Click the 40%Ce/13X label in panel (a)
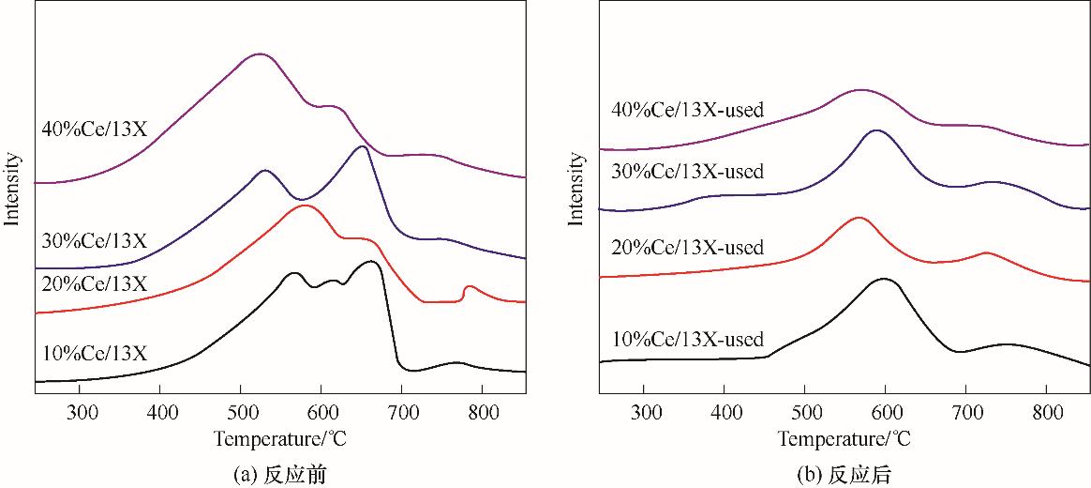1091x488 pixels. (x=94, y=129)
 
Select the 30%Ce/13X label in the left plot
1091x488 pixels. (x=94, y=240)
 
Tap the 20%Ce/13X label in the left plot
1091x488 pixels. (x=94, y=282)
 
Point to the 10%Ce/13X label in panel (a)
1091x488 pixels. (x=94, y=354)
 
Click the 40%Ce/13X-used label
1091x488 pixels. (x=687, y=110)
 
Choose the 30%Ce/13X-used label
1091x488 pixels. (x=687, y=171)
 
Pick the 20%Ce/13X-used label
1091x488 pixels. (x=687, y=248)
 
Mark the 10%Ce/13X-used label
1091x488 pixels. (x=687, y=339)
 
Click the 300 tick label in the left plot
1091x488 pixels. (x=82, y=411)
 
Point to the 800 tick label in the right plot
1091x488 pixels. (x=1047, y=411)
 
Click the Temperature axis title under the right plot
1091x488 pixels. (x=844, y=438)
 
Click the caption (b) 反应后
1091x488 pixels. (x=844, y=475)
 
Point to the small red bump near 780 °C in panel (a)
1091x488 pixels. (x=470, y=286)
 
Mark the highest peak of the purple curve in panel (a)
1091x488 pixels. (x=260, y=54)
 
